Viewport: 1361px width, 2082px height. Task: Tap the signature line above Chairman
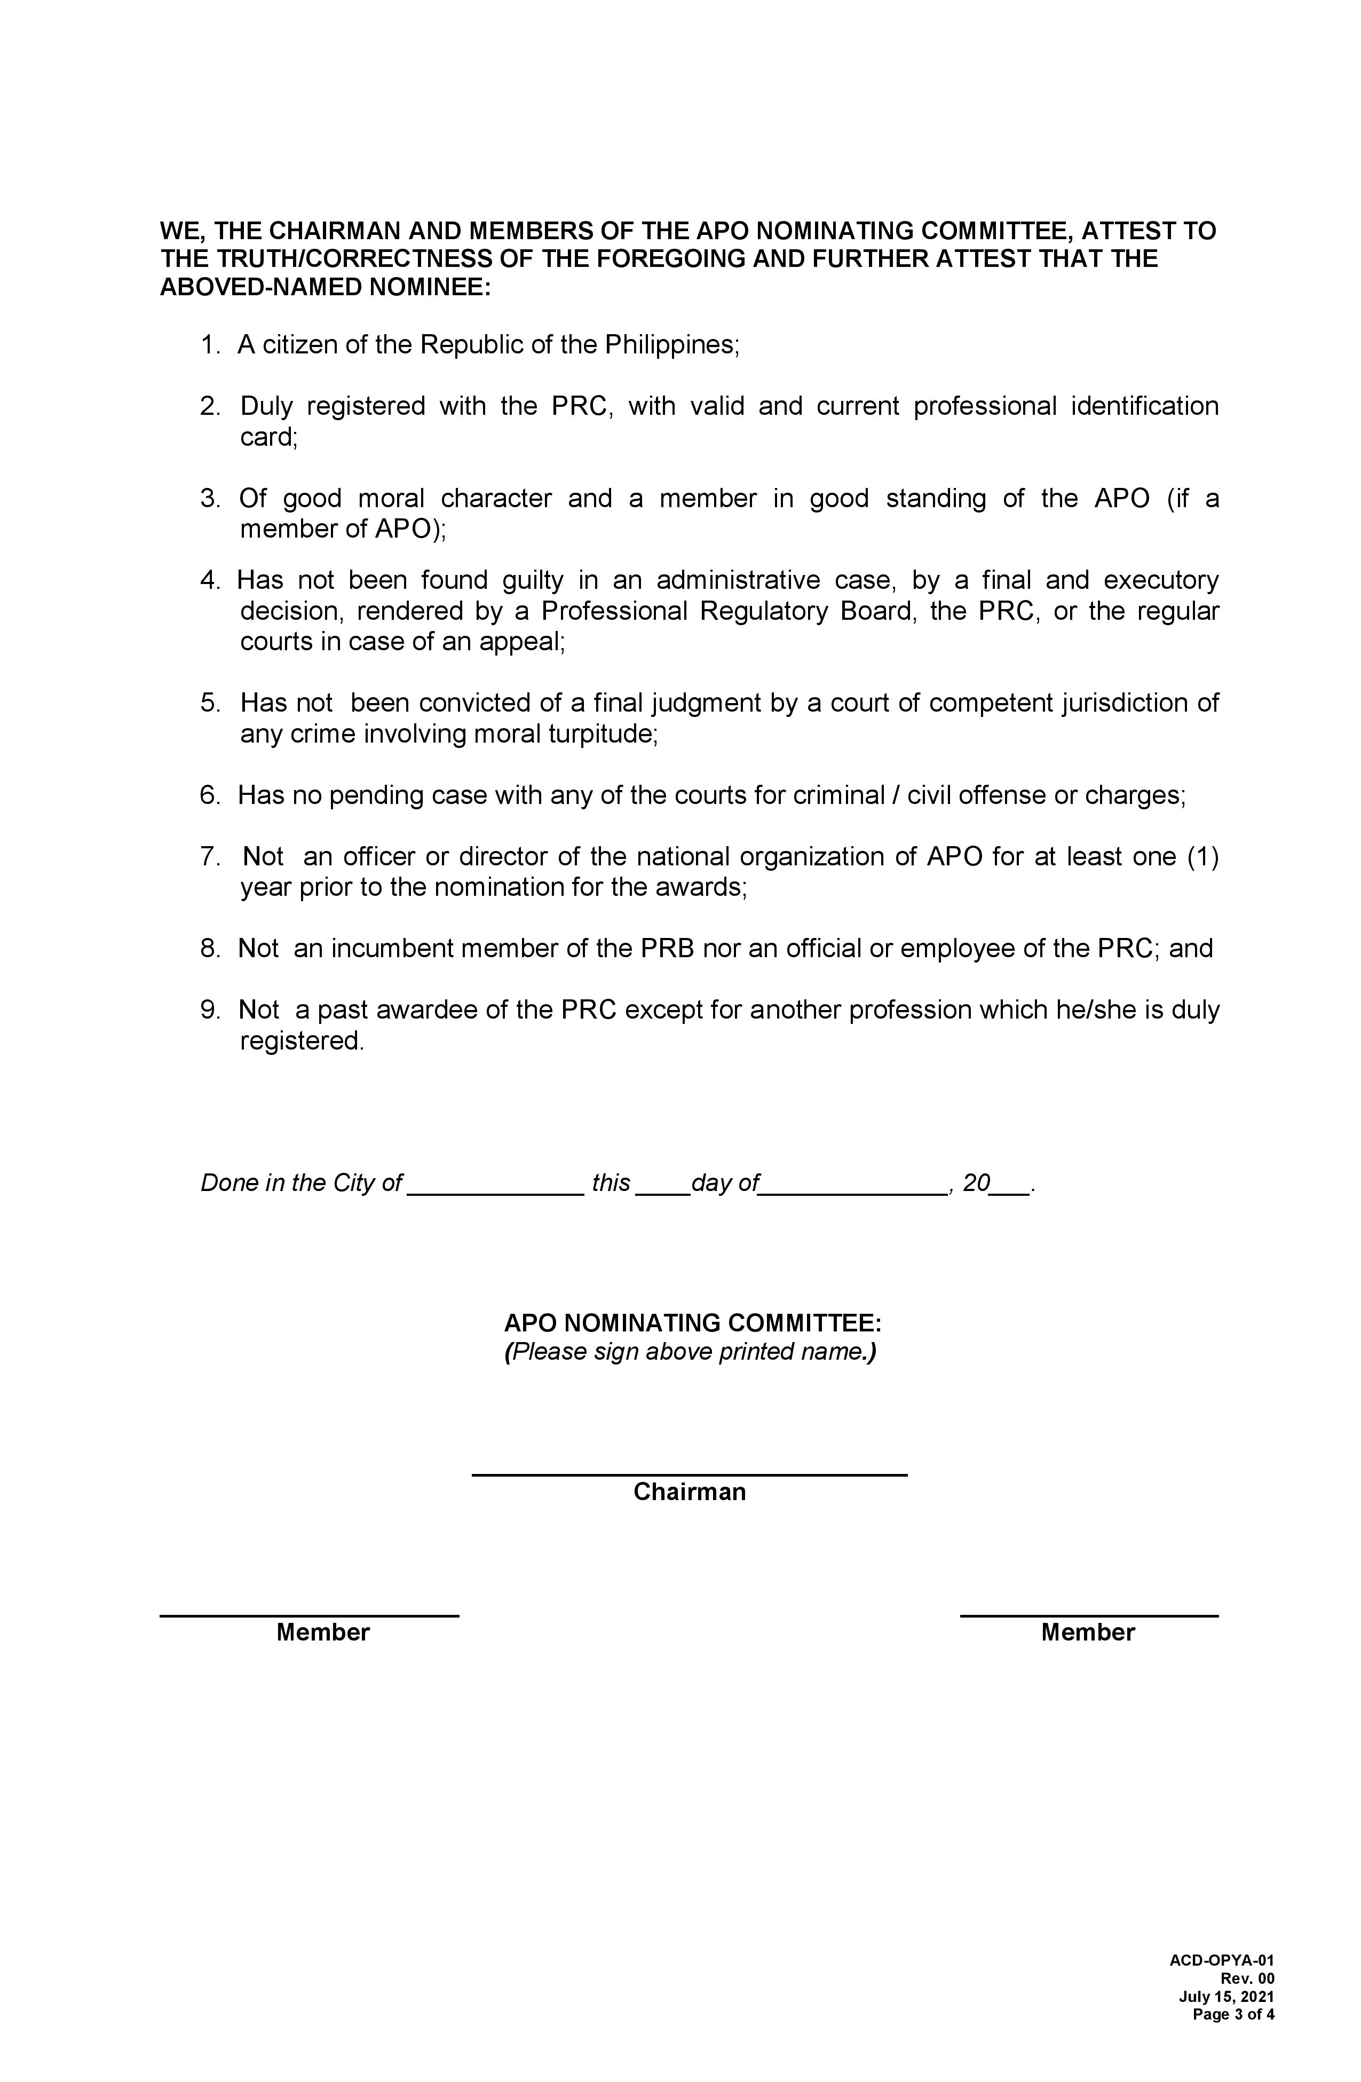point(689,1475)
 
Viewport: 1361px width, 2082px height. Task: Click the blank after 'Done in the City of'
point(495,1190)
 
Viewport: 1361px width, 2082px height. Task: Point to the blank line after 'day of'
point(853,1190)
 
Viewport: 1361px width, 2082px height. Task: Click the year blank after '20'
point(1010,1190)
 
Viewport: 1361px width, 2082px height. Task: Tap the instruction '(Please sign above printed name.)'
point(690,1352)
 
